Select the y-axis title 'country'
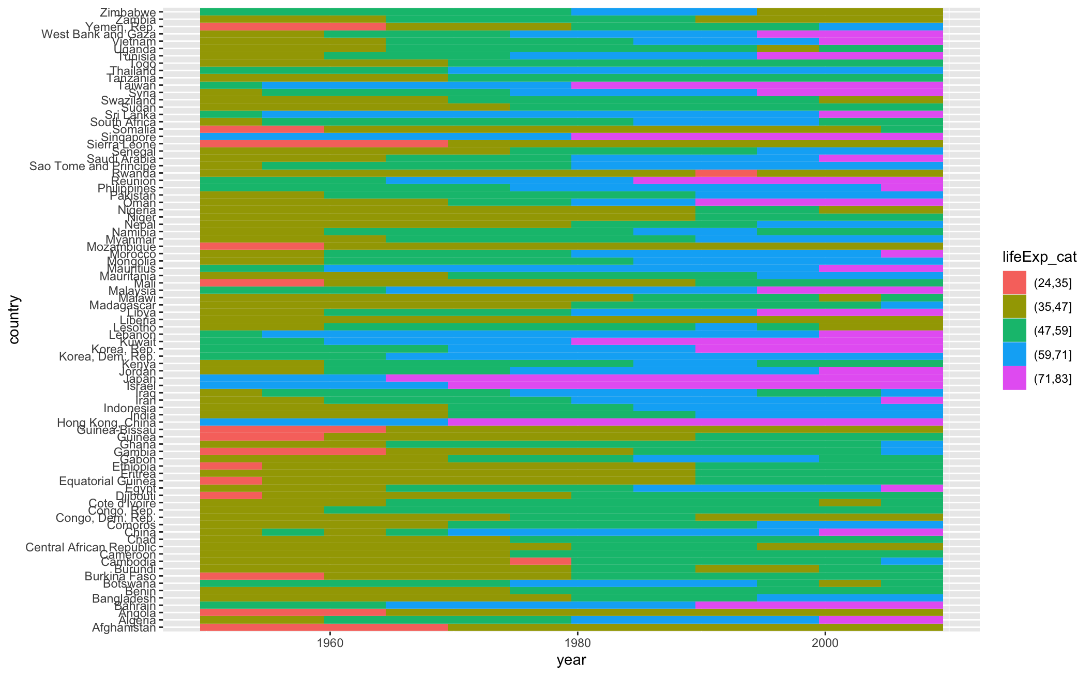click(14, 319)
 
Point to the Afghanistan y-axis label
click(124, 628)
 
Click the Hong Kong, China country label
click(106, 423)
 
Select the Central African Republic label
click(90, 547)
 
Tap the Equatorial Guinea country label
click(107, 481)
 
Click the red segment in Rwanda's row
click(726, 173)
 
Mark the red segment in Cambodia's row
click(540, 561)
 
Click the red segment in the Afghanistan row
click(324, 627)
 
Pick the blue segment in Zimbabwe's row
click(664, 12)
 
